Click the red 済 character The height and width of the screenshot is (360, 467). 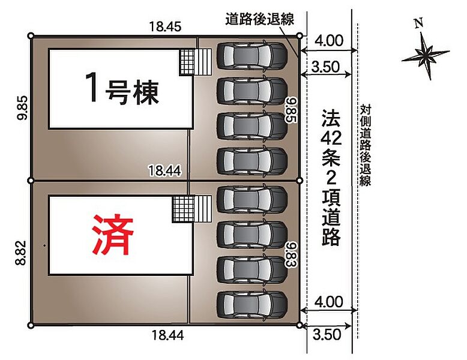coord(113,235)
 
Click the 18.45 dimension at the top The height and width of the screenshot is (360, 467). coord(165,26)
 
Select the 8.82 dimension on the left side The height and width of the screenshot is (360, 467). coord(22,253)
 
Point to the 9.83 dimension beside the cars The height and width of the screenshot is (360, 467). coord(291,254)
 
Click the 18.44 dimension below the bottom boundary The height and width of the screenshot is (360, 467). coord(167,335)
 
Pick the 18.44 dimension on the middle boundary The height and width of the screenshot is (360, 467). coord(164,171)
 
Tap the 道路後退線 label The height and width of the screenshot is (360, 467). coord(259,19)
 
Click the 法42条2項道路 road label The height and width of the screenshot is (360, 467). coord(331,178)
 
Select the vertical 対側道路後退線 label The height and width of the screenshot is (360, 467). coord(365,145)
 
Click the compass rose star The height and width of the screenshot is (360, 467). coord(426,55)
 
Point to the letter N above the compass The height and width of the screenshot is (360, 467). coord(420,23)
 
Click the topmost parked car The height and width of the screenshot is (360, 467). coord(252,55)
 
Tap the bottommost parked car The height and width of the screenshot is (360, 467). coord(252,305)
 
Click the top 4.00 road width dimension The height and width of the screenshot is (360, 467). coord(328,41)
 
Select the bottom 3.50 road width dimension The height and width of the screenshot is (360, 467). coord(327,334)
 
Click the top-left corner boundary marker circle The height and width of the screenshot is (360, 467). coord(31,36)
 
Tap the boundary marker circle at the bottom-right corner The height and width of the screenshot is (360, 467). coord(300,325)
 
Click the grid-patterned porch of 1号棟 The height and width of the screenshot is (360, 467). coord(187,62)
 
